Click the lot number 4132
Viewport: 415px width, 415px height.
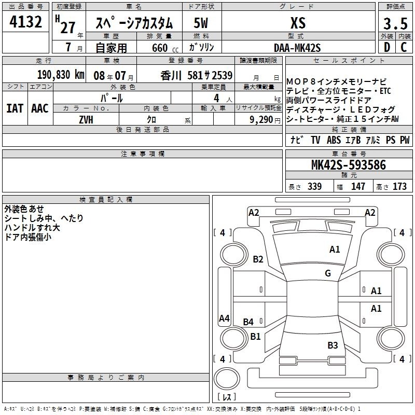25,22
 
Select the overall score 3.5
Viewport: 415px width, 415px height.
395,23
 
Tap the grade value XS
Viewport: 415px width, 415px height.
298,23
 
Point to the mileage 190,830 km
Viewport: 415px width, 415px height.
61,75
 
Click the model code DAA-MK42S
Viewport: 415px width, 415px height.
297,48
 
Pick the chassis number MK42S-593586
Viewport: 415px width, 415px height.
349,165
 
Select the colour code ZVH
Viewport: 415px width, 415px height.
86,120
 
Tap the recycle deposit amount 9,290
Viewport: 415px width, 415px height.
261,120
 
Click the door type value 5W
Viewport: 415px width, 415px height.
201,23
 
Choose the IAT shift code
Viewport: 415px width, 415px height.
15,108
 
